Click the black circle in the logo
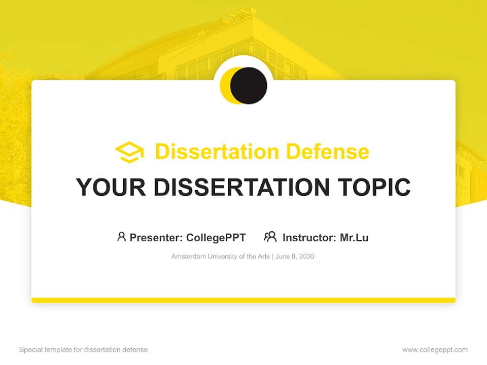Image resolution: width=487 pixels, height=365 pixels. pos(249,85)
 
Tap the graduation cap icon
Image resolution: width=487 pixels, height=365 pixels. pos(129,152)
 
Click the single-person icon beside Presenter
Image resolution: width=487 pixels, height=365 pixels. pos(121,237)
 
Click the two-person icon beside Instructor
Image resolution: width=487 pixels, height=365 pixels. pos(270,237)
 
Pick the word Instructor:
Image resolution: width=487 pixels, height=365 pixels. pos(309,237)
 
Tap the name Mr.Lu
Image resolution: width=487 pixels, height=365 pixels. pos(354,237)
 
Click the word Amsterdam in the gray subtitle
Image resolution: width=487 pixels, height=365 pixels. pos(188,257)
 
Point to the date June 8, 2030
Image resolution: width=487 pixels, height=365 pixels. pos(295,257)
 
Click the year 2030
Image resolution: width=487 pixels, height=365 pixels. pos(306,257)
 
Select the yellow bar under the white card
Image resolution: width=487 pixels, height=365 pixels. pos(243,300)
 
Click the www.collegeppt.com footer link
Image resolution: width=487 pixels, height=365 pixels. pos(435,350)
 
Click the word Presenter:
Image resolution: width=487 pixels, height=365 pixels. pos(156,237)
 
